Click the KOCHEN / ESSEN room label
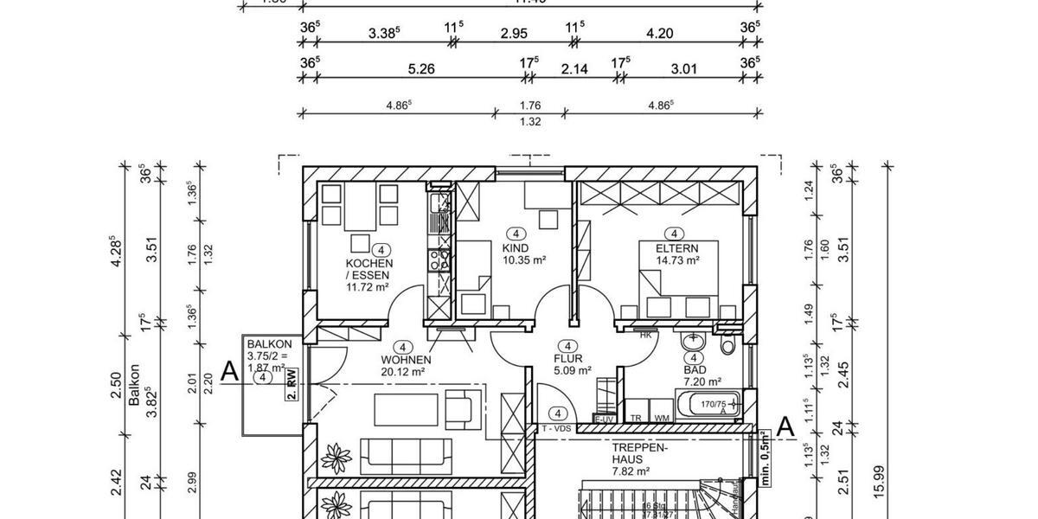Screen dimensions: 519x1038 [x=369, y=269]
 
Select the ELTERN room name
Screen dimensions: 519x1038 [x=672, y=247]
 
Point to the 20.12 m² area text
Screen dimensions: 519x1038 [x=404, y=372]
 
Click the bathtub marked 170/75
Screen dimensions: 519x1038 [x=708, y=404]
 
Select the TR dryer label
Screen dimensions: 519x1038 [x=636, y=417]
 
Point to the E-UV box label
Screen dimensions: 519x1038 [x=603, y=420]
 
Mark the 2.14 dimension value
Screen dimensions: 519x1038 [x=574, y=68]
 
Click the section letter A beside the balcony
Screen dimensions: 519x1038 [x=229, y=371]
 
